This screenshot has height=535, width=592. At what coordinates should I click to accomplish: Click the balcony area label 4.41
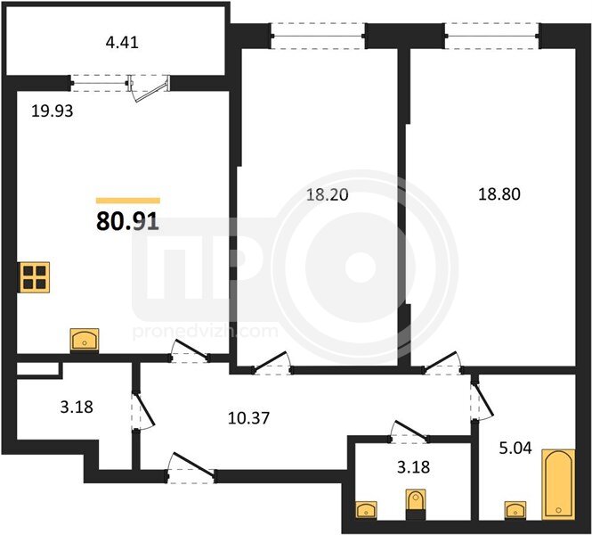click(x=122, y=42)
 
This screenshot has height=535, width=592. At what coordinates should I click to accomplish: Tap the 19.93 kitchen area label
click(x=53, y=111)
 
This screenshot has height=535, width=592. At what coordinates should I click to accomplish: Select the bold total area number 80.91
click(x=127, y=221)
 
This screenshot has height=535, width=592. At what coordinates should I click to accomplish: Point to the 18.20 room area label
click(x=327, y=194)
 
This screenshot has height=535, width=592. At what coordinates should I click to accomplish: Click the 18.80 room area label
click(x=499, y=194)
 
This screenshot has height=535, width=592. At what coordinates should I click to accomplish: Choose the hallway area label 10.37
click(x=248, y=418)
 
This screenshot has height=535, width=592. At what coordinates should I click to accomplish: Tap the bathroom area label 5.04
click(x=515, y=448)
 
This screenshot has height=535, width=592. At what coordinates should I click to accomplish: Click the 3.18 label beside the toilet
click(x=413, y=467)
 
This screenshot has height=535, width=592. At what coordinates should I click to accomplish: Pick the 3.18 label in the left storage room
click(x=77, y=407)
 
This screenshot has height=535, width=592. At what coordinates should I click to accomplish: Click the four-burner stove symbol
click(x=35, y=277)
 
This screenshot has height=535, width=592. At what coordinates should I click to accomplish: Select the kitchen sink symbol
click(x=85, y=340)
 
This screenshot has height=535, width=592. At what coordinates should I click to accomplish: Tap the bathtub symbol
click(x=558, y=484)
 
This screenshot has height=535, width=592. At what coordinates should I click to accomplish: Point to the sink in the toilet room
click(x=366, y=509)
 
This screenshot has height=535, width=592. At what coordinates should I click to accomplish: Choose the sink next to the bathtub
click(x=515, y=509)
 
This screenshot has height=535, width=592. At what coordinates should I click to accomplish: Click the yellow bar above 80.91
click(x=128, y=201)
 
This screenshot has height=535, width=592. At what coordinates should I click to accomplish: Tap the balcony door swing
click(x=149, y=89)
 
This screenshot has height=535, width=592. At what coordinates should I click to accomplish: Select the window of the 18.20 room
click(x=318, y=37)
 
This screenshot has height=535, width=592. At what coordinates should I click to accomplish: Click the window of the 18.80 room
click(x=492, y=37)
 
